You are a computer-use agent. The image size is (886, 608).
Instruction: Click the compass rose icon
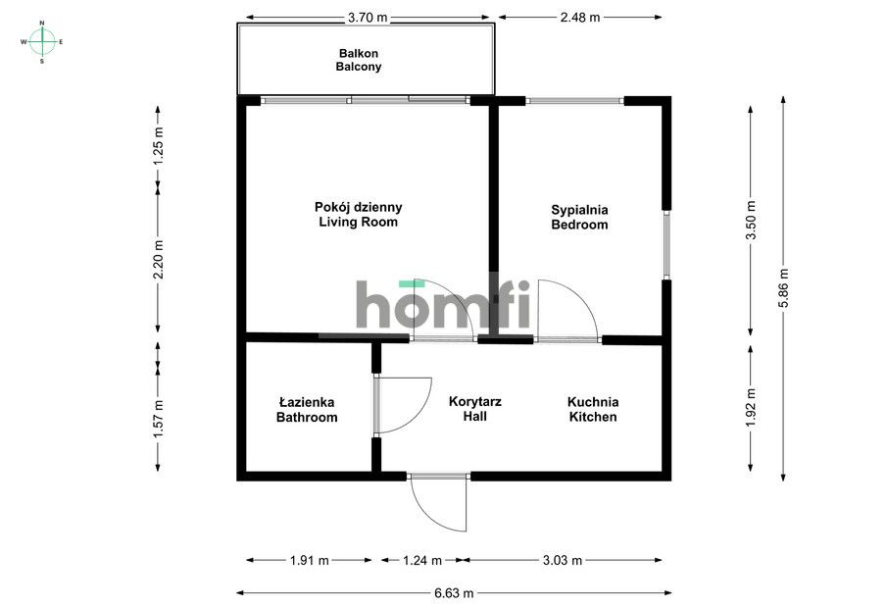pos(41,41)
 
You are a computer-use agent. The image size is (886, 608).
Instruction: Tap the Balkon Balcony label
pos(359,60)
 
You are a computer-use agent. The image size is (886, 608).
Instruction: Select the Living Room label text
pos(358,215)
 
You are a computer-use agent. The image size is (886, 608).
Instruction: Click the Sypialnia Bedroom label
pos(579,217)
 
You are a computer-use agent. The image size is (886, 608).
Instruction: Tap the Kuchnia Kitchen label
pos(593,409)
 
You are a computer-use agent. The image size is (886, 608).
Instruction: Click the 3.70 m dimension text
pos(367,17)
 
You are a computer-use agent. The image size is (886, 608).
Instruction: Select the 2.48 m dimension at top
pos(581,17)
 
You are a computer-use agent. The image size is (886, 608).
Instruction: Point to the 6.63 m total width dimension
pos(454,592)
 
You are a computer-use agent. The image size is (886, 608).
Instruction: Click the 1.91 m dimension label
pos(310,560)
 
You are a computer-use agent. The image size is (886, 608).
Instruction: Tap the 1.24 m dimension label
pos(422,560)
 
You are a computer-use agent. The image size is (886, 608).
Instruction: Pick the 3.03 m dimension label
pos(563,560)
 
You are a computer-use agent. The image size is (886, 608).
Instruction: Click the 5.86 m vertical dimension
pos(782,287)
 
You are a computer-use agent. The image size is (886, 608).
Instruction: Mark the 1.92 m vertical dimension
pos(751,406)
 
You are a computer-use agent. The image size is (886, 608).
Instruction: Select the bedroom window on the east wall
pos(666,245)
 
